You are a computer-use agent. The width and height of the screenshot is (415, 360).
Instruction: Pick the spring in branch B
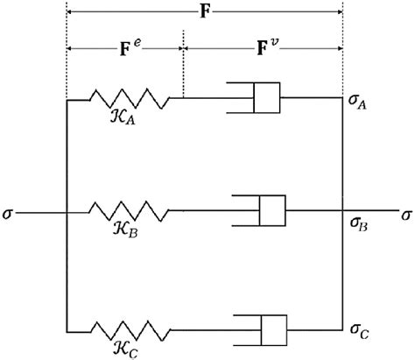(x=130, y=211)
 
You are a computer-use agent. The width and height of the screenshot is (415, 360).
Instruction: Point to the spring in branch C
(x=130, y=330)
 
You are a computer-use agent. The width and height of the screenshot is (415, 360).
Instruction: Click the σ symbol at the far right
(x=404, y=213)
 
